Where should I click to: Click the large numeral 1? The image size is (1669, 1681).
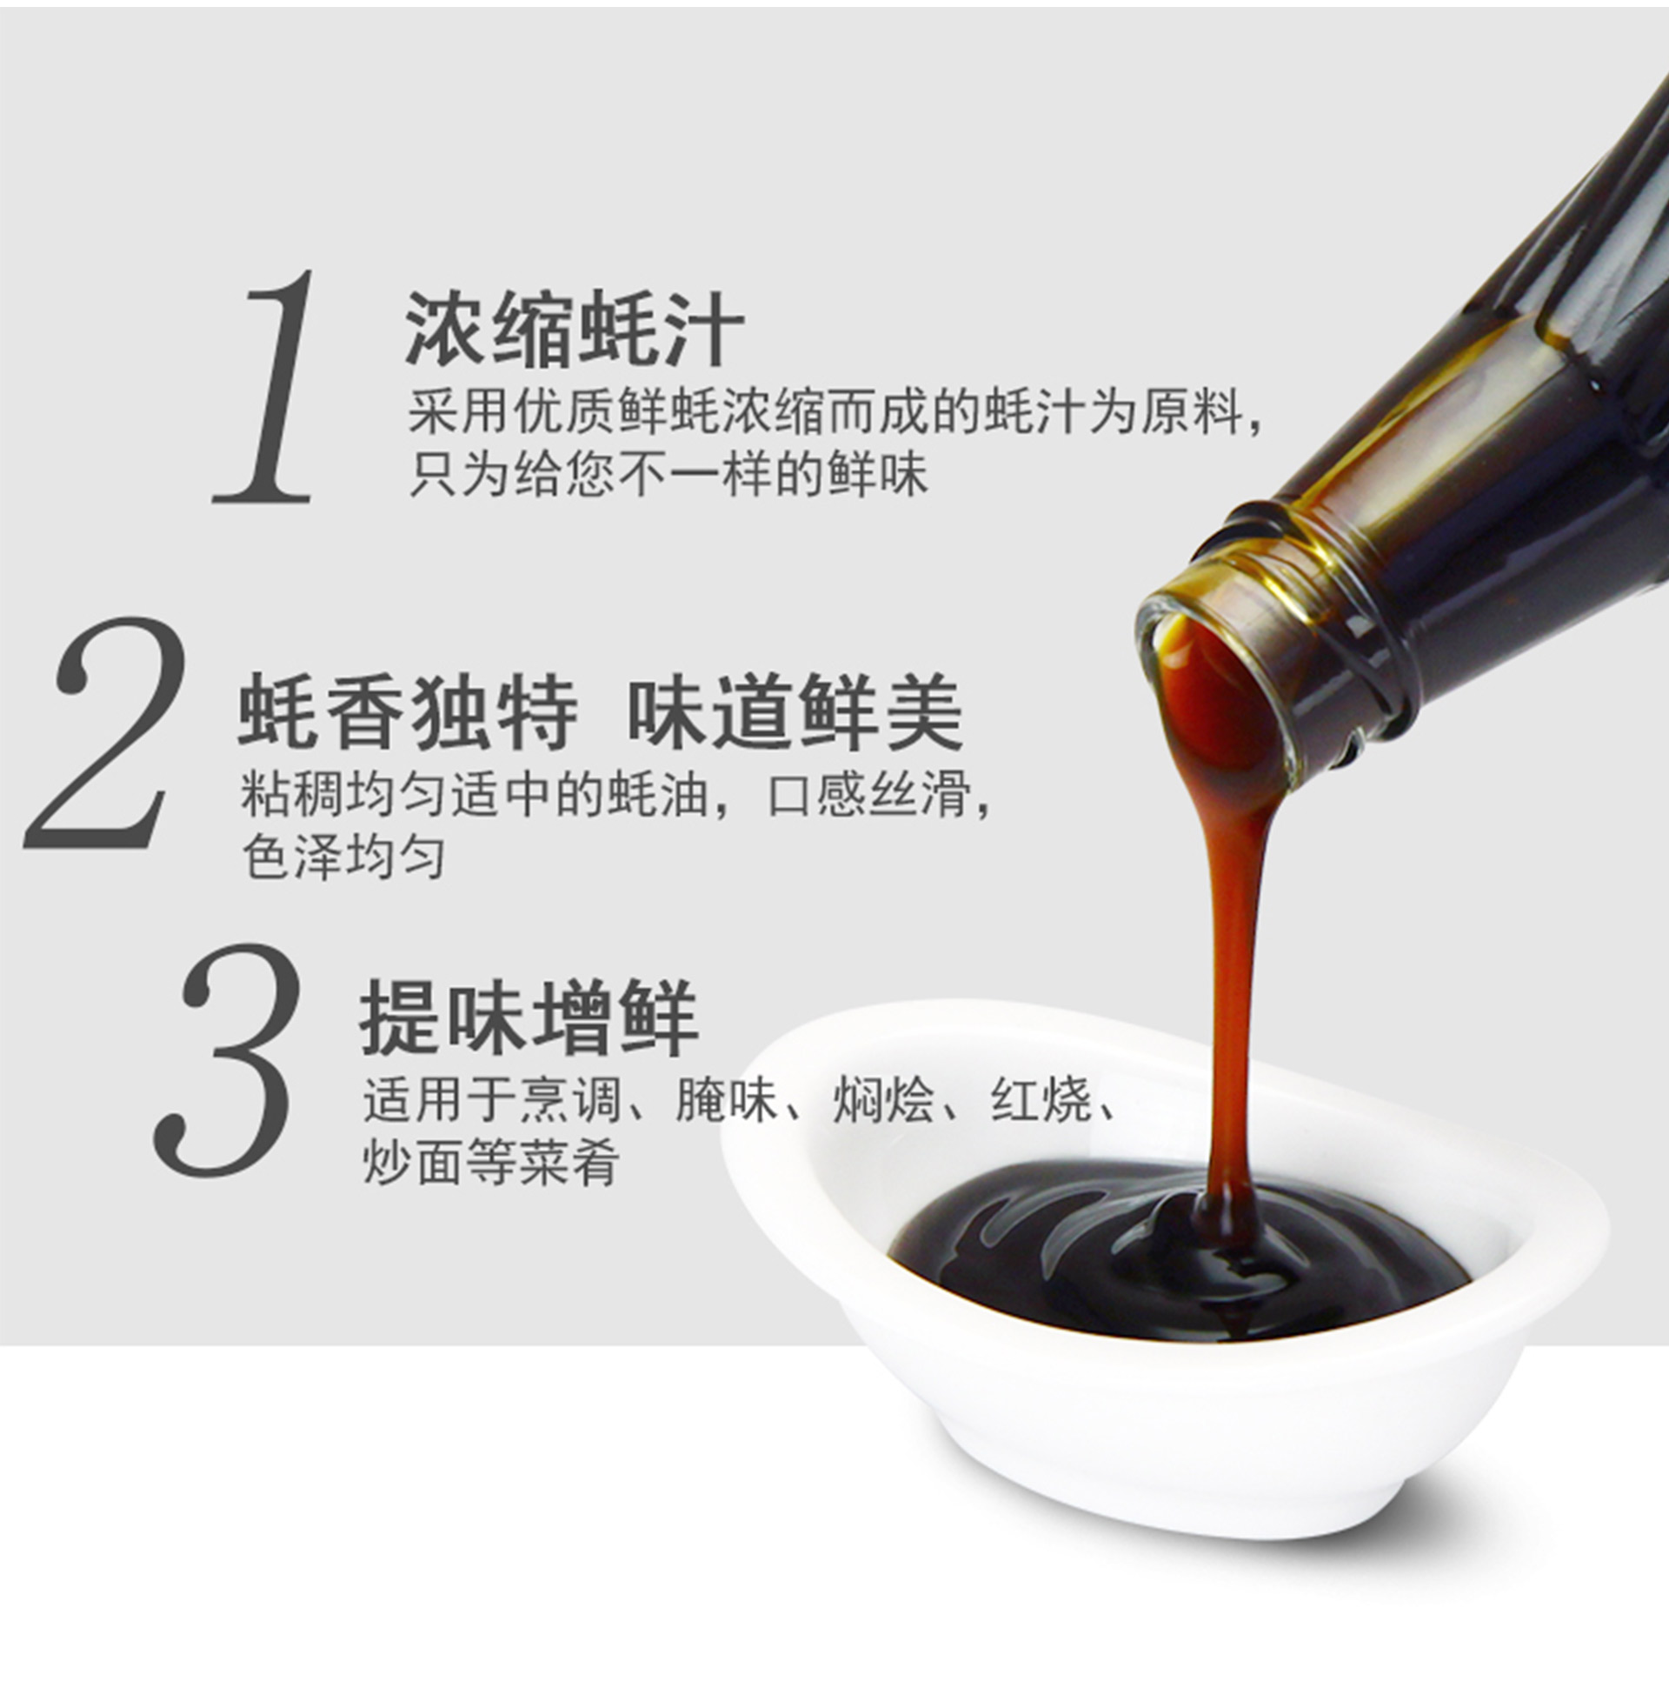265,387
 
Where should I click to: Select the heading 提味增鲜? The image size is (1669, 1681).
529,1017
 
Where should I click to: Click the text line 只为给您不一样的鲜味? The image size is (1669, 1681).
668,475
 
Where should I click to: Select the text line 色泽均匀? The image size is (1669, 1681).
342,857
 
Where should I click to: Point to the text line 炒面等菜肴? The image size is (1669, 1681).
491,1162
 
